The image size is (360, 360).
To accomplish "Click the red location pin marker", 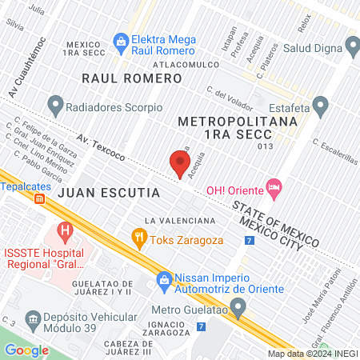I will (x=180, y=163).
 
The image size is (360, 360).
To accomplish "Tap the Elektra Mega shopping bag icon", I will (x=121, y=39).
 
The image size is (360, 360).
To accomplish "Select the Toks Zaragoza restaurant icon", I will (x=139, y=236).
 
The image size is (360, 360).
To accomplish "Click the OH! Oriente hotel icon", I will (x=274, y=189).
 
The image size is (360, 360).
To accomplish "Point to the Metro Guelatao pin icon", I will (x=238, y=306).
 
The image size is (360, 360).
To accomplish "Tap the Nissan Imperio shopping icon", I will (x=164, y=279).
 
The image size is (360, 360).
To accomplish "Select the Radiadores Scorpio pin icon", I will (x=55, y=105).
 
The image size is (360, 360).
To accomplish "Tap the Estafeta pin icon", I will (x=321, y=105).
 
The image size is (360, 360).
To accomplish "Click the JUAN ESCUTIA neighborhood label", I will (x=110, y=193).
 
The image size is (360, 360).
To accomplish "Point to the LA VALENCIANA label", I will (x=180, y=220).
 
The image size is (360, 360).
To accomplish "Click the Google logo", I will (x=26, y=350).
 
